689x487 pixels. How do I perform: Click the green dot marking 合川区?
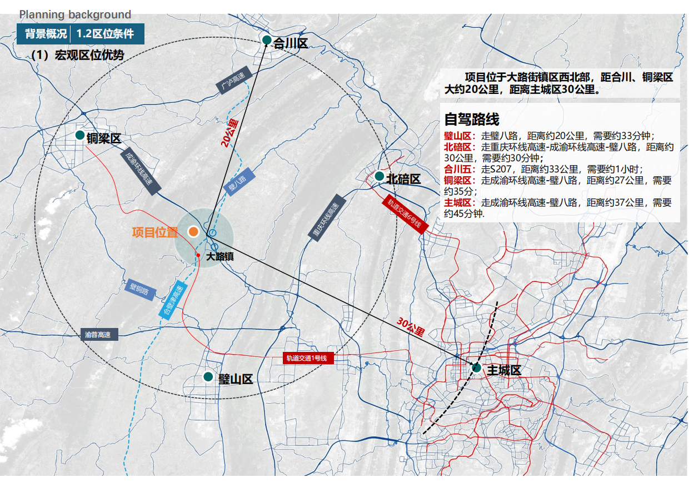coord(267,40)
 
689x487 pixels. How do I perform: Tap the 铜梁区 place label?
coord(103,139)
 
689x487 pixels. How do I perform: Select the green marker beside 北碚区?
coord(379,176)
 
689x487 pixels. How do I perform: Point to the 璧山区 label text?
coord(236,379)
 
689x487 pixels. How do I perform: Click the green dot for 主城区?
coord(476,367)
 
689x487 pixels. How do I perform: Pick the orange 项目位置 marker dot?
coord(193,232)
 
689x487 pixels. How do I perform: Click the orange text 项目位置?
coord(154,232)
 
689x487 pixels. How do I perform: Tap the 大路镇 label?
coord(220,257)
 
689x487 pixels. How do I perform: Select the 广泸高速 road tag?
coord(232,84)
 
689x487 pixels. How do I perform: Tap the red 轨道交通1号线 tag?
coord(308,358)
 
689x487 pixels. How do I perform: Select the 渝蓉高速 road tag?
coord(99,335)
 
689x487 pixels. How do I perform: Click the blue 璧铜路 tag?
coord(139,290)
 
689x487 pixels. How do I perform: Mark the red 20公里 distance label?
coord(228,133)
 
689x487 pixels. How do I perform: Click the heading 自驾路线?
coord(471,119)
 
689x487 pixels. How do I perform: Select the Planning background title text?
coord(75,15)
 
